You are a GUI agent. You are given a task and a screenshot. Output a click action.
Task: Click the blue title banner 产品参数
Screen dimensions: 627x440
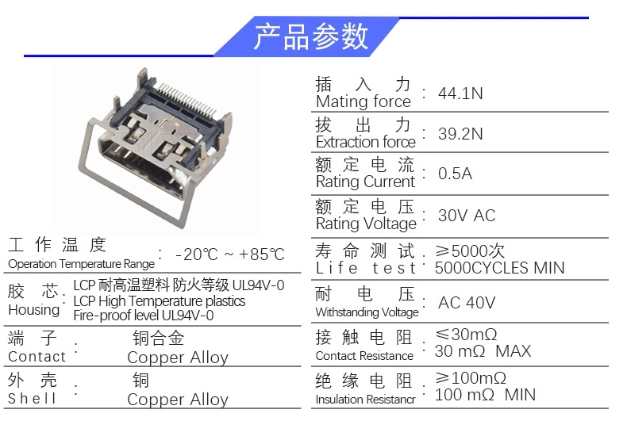[x=307, y=36]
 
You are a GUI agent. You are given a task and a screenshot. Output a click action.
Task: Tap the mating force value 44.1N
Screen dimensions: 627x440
[x=460, y=94]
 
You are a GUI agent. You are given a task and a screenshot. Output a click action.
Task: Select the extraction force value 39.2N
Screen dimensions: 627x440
[x=460, y=134]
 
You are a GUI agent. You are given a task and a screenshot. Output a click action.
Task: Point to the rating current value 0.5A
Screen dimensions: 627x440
[x=455, y=174]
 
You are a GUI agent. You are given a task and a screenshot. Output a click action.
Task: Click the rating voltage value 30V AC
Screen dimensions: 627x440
[x=467, y=216]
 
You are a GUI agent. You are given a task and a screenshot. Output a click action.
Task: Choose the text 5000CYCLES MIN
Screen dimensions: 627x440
[x=499, y=268]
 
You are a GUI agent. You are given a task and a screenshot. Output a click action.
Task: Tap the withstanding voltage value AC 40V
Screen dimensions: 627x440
[x=467, y=303]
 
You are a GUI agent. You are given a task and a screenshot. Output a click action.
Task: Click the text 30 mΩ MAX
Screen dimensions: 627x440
[x=483, y=351]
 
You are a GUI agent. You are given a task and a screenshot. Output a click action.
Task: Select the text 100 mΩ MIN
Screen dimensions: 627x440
[x=485, y=395]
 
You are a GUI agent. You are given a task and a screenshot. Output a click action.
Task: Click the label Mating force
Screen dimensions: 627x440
[x=363, y=101]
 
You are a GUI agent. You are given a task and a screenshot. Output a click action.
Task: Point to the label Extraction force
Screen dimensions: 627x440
[x=366, y=142]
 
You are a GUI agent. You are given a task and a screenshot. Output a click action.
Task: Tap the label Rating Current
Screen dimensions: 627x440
[x=365, y=182]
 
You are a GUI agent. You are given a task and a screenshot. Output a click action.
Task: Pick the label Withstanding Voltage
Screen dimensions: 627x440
[x=367, y=312]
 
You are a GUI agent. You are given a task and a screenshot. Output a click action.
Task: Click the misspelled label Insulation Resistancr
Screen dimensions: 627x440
[x=365, y=400]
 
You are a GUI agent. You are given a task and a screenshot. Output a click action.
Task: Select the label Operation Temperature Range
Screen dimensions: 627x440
[x=81, y=264]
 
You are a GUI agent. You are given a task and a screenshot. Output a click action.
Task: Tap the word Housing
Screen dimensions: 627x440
[x=34, y=310]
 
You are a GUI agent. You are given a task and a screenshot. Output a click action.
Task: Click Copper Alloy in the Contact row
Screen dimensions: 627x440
[x=178, y=358]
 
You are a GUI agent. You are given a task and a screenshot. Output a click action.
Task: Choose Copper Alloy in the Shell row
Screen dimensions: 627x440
[x=178, y=400]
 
